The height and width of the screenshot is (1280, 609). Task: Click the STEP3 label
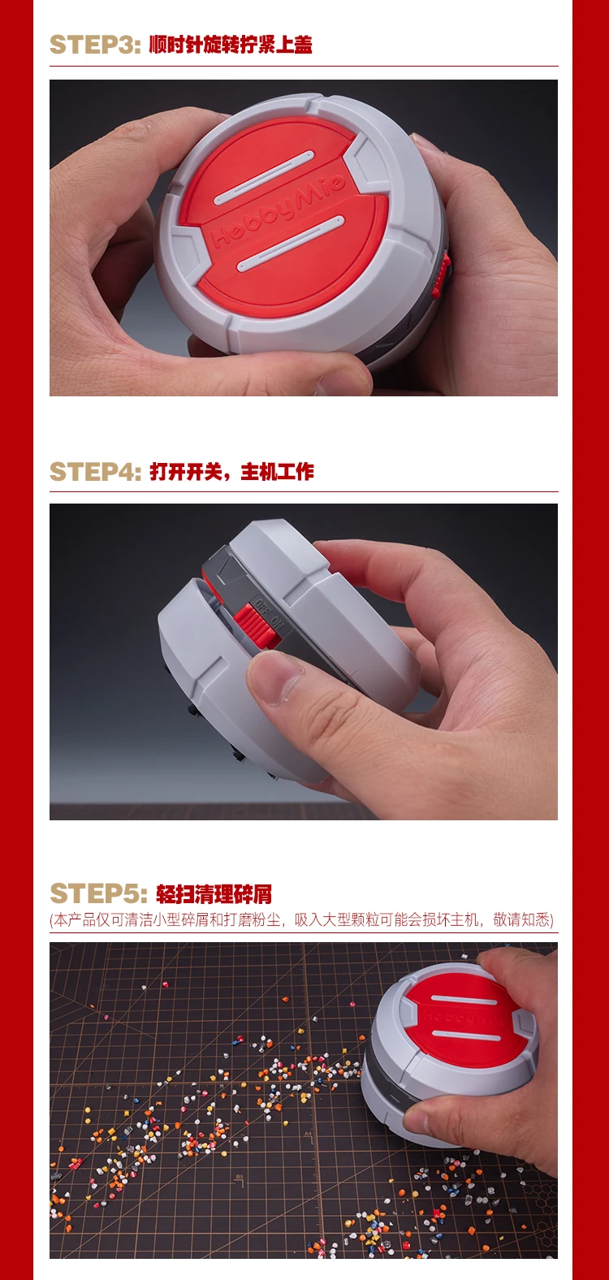coord(95,45)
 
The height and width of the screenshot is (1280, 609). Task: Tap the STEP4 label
coord(95,471)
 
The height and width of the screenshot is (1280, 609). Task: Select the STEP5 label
coord(98,893)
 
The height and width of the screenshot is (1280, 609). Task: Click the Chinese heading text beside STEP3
coord(231,45)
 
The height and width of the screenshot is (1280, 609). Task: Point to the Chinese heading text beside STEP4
coord(231,471)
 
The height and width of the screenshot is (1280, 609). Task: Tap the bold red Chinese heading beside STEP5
coord(214,893)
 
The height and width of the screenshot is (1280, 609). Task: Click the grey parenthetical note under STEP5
coord(301,919)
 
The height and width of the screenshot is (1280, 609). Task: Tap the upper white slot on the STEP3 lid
coord(263,178)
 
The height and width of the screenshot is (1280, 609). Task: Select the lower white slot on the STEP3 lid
coord(290,243)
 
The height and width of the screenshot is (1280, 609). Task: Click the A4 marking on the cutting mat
coord(309,1133)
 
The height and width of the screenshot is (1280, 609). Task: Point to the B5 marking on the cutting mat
coord(240,1177)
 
